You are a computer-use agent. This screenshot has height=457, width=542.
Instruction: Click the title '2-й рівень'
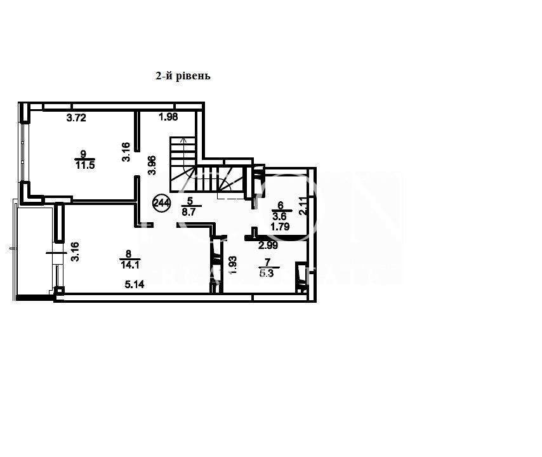pyautogui.click(x=183, y=76)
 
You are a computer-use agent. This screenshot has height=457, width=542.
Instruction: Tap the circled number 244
pyautogui.click(x=162, y=202)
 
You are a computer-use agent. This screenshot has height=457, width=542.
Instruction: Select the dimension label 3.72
pyautogui.click(x=77, y=117)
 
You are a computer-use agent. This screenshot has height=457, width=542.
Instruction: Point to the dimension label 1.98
pyautogui.click(x=168, y=117)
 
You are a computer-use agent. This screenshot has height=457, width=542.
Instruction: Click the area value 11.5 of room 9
pyautogui.click(x=84, y=166)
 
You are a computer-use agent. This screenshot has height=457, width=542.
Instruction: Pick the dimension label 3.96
pyautogui.click(x=152, y=165)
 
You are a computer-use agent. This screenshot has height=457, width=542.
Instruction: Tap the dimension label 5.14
pyautogui.click(x=134, y=285)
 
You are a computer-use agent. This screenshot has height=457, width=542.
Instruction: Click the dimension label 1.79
pyautogui.click(x=280, y=225)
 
